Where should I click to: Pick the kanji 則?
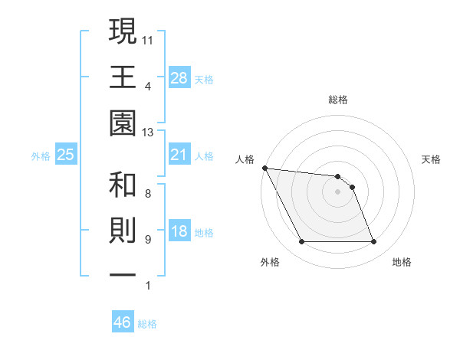coord(123,233)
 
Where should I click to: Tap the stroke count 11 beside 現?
coord(149,38)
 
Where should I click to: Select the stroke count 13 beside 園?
coord(149,133)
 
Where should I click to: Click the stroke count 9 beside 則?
coord(148,239)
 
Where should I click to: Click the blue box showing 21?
coord(179,155)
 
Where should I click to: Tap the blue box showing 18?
coord(179,232)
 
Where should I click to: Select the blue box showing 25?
coord(66,155)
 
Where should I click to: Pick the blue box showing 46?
coord(123,322)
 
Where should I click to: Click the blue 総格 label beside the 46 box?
coord(147,324)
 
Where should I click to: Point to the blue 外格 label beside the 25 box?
coord(41,156)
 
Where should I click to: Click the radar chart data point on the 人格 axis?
coord(264,168)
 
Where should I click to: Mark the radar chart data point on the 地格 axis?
coord(373,242)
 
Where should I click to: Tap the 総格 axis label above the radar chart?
coord(337,100)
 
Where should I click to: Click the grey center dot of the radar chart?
coord(337,191)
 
